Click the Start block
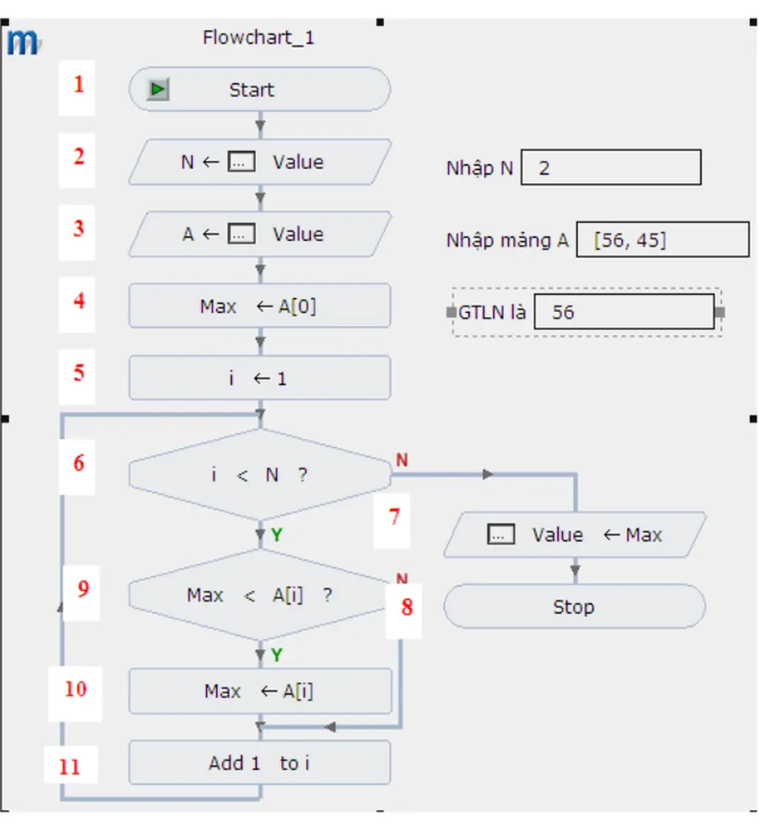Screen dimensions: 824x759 coord(260,90)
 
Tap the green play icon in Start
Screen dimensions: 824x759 coord(158,90)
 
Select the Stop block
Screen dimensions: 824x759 coord(574,607)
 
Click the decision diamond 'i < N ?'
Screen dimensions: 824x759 coord(260,475)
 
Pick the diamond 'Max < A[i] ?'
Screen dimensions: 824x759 coord(260,595)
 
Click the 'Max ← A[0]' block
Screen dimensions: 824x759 coord(260,306)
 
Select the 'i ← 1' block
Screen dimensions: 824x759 coord(260,378)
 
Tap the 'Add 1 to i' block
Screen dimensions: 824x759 coord(260,763)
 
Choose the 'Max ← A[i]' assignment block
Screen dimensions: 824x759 coord(260,691)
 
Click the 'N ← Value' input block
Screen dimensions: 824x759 coord(260,162)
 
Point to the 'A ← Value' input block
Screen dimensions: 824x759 coord(260,234)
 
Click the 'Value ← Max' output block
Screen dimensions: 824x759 coord(574,535)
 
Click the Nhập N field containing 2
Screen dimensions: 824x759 coord(611,168)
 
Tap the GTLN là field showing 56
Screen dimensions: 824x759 coord(624,312)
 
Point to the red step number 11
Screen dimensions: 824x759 coord(69,766)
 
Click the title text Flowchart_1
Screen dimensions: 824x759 coord(258,37)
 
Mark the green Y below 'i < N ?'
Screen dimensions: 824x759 coord(276,536)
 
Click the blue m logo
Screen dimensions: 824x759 coord(23,43)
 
